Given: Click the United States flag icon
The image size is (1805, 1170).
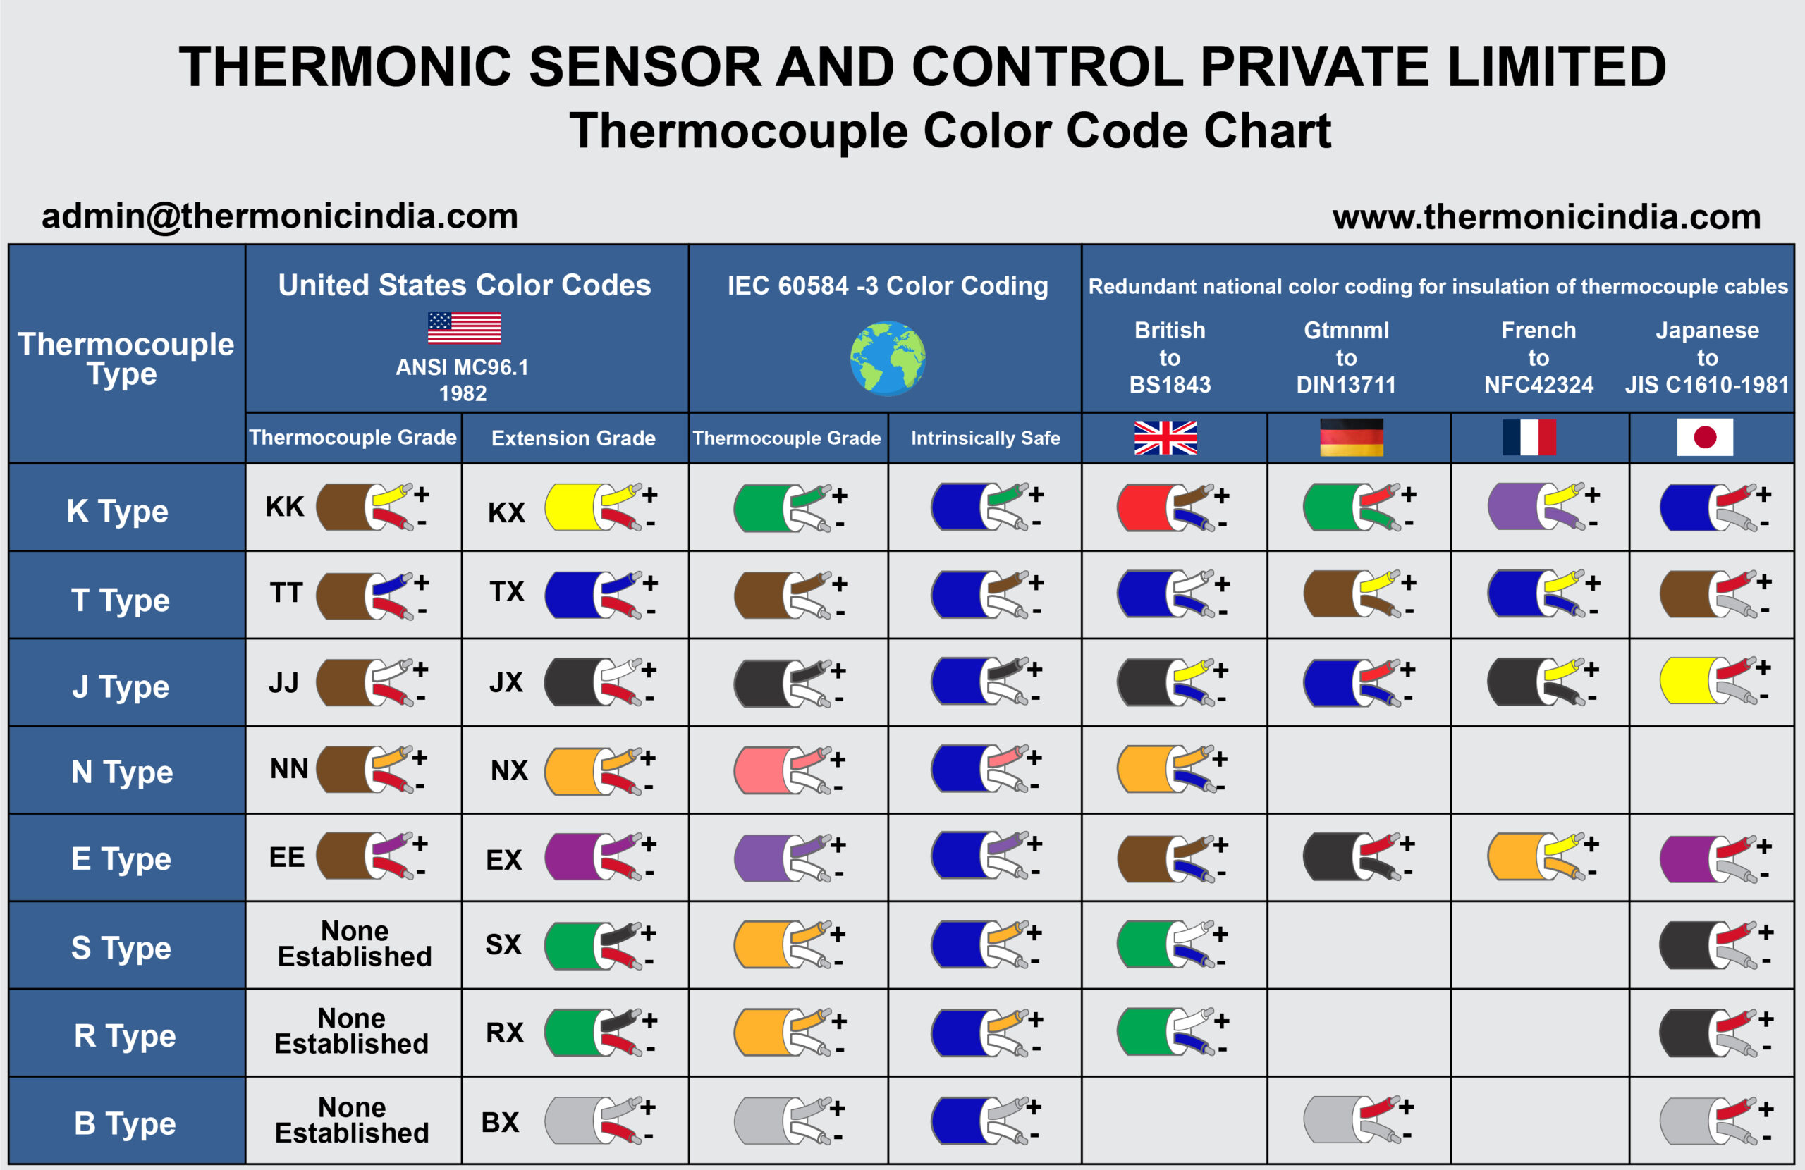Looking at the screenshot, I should pyautogui.click(x=463, y=328).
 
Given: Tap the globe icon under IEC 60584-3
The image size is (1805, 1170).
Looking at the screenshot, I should pyautogui.click(x=887, y=358).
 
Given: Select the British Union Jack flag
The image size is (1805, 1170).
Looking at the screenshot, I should pyautogui.click(x=1165, y=438).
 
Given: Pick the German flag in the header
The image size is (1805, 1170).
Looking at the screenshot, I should pyautogui.click(x=1351, y=438).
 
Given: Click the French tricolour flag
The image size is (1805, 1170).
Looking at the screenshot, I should pyautogui.click(x=1528, y=438).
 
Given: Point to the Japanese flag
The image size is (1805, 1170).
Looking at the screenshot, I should pyautogui.click(x=1704, y=438).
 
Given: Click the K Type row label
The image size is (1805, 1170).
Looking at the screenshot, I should pyautogui.click(x=118, y=510).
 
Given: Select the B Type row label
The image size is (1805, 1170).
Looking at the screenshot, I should pyautogui.click(x=125, y=1123).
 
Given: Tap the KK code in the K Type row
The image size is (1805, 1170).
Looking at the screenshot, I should pyautogui.click(x=284, y=507).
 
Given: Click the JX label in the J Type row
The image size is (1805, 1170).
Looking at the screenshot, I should pyautogui.click(x=506, y=682).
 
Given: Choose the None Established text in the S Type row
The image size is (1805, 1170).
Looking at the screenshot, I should pyautogui.click(x=354, y=944).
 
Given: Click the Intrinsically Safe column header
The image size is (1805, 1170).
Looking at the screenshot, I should pyautogui.click(x=985, y=438).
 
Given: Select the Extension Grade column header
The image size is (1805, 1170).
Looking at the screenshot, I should pyautogui.click(x=573, y=438).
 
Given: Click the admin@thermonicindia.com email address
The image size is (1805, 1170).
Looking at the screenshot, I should pyautogui.click(x=280, y=216).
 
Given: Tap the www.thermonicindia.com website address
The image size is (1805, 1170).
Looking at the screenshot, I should pyautogui.click(x=1546, y=217).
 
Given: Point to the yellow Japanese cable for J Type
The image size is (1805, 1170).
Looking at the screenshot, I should pyautogui.click(x=1687, y=681).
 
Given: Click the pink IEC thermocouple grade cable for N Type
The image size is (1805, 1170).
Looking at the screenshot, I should pyautogui.click(x=762, y=770).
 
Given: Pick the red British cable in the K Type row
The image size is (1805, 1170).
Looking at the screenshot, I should pyautogui.click(x=1145, y=508).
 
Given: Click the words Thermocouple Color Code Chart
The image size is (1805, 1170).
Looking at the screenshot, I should pyautogui.click(x=950, y=130).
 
